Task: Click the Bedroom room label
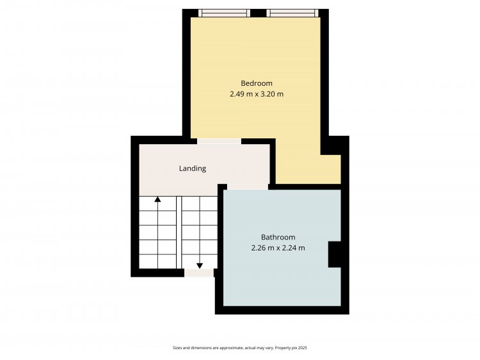(257, 83)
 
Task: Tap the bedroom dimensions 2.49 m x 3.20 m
(257, 94)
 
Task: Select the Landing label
(193, 168)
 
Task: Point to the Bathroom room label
(278, 237)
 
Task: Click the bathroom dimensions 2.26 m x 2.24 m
(278, 248)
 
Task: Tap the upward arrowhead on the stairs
(157, 199)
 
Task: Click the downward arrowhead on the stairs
(200, 266)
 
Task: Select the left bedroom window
(224, 13)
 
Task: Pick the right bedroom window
(292, 13)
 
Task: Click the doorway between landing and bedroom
(219, 141)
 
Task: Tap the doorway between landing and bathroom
(248, 187)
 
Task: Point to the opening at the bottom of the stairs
(199, 273)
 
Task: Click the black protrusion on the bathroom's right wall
(335, 254)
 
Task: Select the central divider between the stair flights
(179, 233)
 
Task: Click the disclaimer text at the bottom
(240, 348)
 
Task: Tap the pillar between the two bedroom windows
(259, 13)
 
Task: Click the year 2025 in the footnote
(303, 348)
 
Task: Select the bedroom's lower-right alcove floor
(331, 169)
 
